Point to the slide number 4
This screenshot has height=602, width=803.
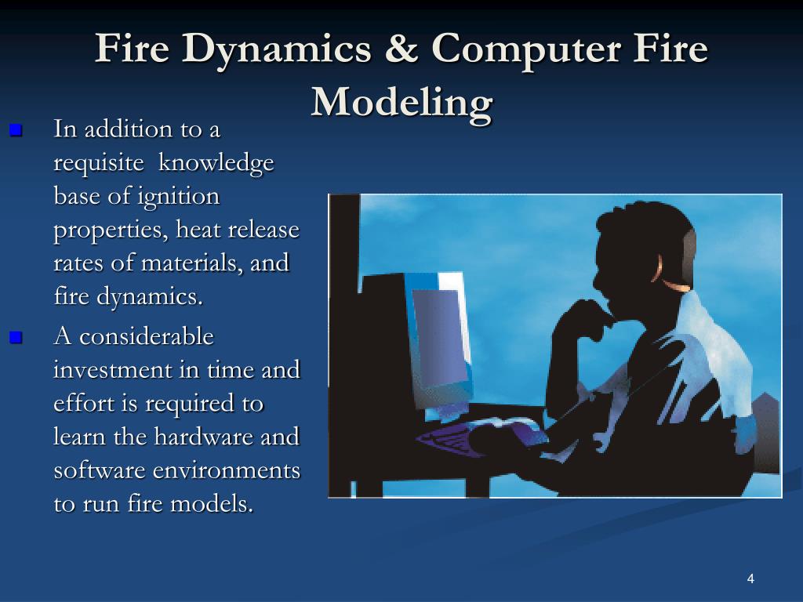click(x=750, y=579)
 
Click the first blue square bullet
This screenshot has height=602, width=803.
click(x=16, y=130)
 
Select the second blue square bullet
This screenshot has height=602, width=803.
click(x=16, y=338)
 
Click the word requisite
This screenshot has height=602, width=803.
click(x=98, y=163)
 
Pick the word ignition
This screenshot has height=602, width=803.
click(x=179, y=196)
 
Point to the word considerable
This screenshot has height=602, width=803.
click(x=147, y=336)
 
